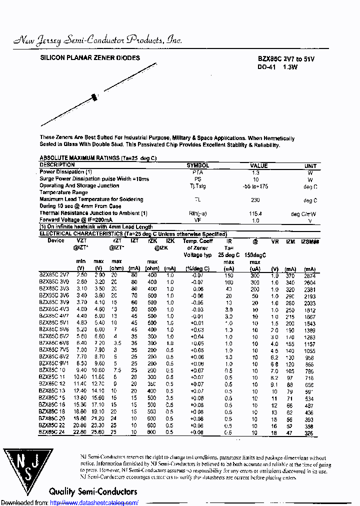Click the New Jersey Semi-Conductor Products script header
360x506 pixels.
click(x=97, y=40)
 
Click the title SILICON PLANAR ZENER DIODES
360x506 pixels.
click(x=90, y=58)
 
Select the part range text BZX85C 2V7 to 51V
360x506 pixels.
click(x=286, y=59)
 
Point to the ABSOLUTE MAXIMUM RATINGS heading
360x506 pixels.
click(x=98, y=158)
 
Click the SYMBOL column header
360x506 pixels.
click(x=198, y=165)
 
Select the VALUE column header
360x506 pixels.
click(x=259, y=165)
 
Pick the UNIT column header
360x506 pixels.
click(x=310, y=165)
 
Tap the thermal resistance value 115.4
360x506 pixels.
click(x=255, y=213)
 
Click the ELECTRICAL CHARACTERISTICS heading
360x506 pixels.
click(x=133, y=234)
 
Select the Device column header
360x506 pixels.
click(x=56, y=240)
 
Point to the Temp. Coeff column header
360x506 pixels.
click(x=198, y=241)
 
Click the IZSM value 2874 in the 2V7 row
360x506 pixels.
click(x=310, y=275)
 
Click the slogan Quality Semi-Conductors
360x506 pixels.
click(x=93, y=491)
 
